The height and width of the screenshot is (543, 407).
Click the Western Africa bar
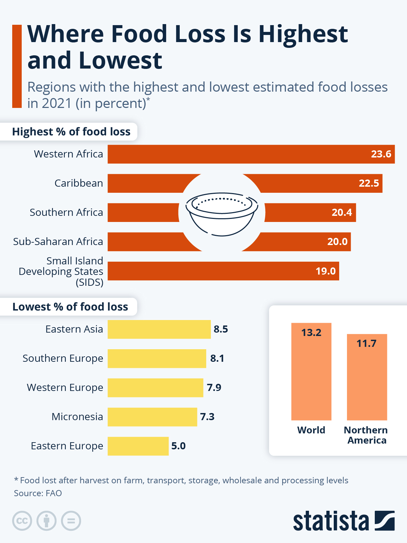251,154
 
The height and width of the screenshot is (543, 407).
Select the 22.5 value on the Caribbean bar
369,183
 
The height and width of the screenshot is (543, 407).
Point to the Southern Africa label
66,212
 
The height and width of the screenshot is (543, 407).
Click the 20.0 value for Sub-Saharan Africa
337,242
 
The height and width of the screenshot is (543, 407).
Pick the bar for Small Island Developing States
223,271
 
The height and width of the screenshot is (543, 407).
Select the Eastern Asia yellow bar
159,329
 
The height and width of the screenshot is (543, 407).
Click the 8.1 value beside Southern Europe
217,358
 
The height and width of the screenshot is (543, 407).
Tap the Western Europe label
65,388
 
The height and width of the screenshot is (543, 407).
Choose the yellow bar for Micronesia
152,417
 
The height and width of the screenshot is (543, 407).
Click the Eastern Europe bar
138,446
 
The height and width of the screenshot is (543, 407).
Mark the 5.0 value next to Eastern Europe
178,446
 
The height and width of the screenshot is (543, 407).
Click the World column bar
311,373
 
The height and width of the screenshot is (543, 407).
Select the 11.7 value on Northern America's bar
366,343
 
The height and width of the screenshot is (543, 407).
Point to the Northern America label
366,435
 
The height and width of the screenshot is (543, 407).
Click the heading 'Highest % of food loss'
71,132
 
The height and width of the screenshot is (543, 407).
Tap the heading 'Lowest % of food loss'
70,307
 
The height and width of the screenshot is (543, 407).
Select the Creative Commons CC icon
22,521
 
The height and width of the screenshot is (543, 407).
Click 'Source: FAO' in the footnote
38,493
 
